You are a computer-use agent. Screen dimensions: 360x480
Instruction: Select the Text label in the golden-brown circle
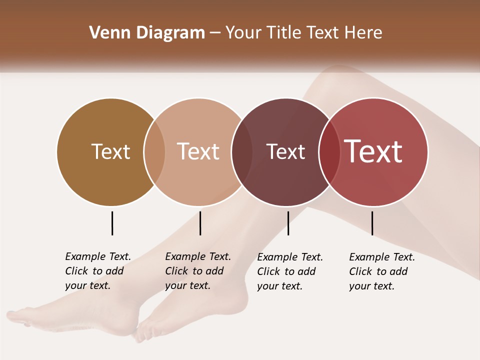(x=110, y=151)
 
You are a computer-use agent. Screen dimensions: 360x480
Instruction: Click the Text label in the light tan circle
(x=198, y=151)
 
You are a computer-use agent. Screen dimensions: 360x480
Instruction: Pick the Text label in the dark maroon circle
(x=285, y=151)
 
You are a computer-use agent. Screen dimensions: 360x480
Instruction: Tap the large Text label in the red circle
(x=373, y=151)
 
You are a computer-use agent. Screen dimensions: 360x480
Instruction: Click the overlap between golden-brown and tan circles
(x=154, y=151)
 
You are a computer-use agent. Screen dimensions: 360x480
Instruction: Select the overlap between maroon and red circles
(x=329, y=151)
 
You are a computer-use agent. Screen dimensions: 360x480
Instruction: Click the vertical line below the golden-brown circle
(x=112, y=223)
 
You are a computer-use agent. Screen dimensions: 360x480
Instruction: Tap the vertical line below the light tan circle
(x=200, y=223)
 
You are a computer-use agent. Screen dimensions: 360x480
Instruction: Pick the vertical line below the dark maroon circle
(x=288, y=223)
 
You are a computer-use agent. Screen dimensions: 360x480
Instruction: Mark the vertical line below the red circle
(x=372, y=223)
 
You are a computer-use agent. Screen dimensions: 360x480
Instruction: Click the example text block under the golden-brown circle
(x=97, y=271)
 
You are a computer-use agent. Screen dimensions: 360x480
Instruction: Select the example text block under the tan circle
(x=197, y=271)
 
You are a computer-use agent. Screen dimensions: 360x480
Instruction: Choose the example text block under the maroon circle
(x=289, y=271)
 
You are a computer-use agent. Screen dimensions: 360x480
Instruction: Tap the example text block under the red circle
(x=381, y=271)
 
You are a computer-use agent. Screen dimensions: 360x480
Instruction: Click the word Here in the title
(x=364, y=33)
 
